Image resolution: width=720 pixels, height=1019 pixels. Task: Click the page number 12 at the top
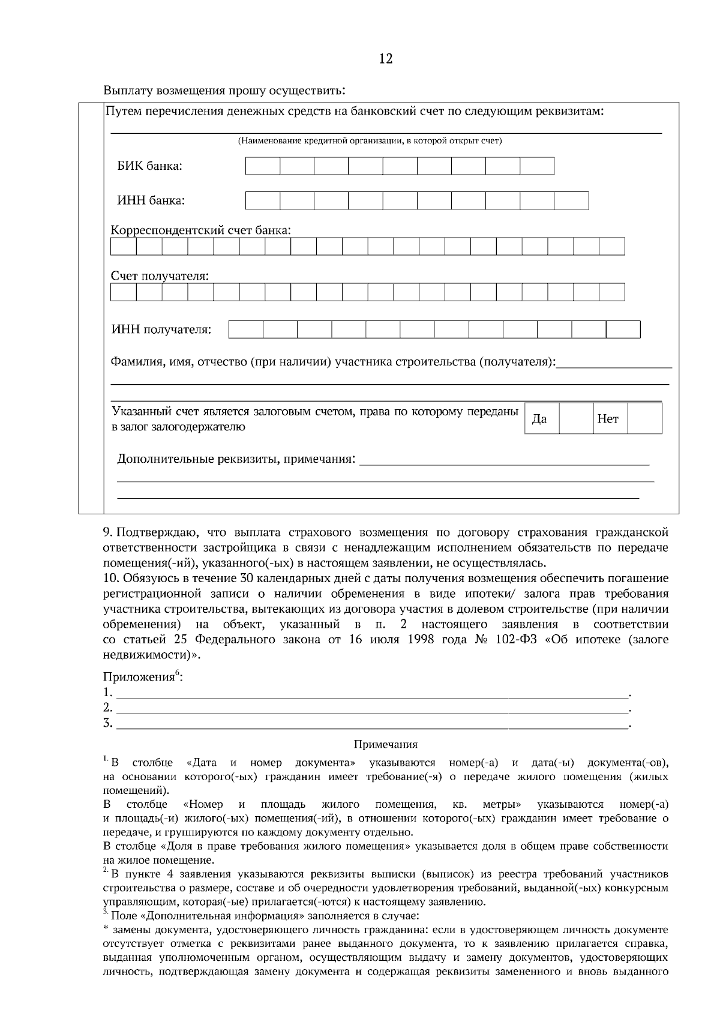[x=386, y=59]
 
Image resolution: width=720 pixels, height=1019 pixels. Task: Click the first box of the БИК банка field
[x=263, y=166]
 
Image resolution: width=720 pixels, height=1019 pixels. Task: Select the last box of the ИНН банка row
[x=571, y=200]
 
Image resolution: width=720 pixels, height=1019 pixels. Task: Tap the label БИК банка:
[x=149, y=166]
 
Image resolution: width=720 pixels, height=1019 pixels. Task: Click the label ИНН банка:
[x=151, y=200]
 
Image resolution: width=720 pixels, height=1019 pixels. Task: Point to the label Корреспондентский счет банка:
[x=201, y=230]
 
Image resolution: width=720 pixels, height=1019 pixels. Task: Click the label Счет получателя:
[x=160, y=277]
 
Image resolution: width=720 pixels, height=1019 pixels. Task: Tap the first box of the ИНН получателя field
[x=246, y=329]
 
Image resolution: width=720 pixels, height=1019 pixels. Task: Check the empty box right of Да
[x=576, y=418]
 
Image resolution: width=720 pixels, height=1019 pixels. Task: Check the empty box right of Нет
[x=644, y=418]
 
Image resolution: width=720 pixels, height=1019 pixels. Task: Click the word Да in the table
[x=539, y=419]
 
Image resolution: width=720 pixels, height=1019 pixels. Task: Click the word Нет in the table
[x=608, y=419]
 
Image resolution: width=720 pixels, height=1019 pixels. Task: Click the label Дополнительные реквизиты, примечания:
[x=236, y=460]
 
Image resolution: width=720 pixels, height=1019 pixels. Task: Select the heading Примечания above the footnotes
[x=385, y=745]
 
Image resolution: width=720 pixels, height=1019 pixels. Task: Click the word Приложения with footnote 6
[x=139, y=678]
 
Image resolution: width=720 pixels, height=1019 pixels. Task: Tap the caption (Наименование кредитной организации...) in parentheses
[x=370, y=141]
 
